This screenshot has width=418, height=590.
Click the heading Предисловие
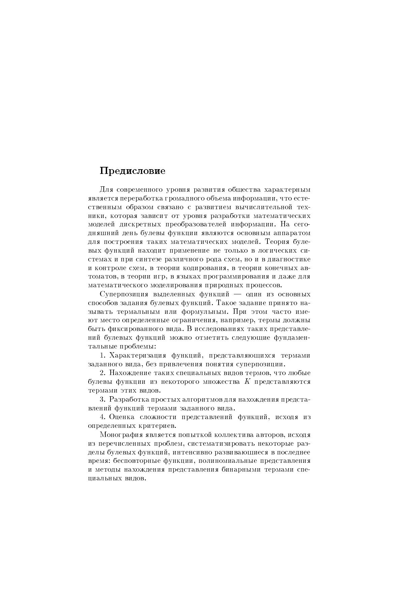[132, 171]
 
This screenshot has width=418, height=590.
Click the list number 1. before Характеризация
[103, 356]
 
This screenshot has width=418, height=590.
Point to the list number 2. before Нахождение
[103, 373]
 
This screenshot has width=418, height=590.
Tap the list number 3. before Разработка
[103, 400]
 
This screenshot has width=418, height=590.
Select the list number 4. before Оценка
[103, 417]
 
